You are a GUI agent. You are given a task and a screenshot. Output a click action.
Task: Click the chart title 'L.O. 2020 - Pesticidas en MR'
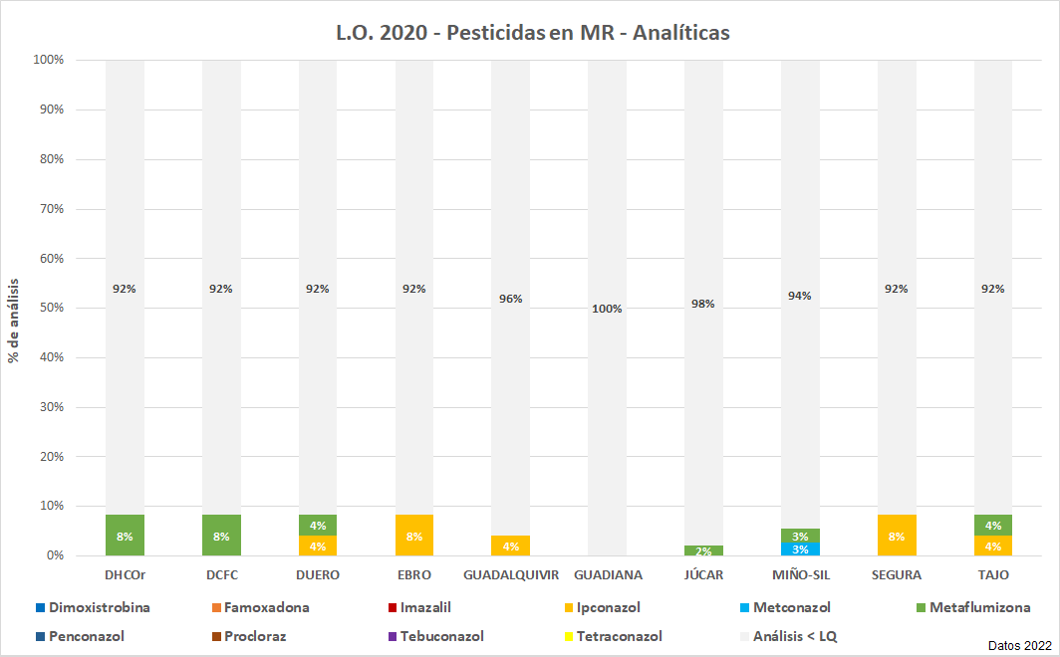coord(533,33)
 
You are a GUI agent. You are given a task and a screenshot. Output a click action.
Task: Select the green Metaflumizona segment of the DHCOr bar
coord(125,536)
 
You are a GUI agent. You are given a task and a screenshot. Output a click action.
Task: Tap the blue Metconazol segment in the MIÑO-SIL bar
coord(800,549)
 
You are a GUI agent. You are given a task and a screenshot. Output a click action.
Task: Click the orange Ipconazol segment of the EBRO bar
coord(414,536)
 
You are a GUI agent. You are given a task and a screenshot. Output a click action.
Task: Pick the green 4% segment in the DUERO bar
coord(318,526)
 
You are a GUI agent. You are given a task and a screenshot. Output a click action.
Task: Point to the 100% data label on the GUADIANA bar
coord(607,309)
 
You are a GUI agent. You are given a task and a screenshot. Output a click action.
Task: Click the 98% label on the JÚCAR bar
coord(703,304)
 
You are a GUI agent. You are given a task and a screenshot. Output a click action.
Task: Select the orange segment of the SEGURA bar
coord(897,536)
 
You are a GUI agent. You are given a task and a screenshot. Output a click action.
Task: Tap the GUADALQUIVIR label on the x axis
coord(510,575)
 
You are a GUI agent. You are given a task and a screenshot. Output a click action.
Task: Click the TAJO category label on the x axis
coord(993,575)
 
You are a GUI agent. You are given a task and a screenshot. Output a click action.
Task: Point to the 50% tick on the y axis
coord(49,309)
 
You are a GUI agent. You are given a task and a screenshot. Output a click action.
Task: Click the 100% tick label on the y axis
coord(47,60)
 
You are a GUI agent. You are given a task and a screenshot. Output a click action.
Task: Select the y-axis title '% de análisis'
coord(14,309)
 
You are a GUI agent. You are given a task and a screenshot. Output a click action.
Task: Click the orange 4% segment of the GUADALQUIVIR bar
coord(510,546)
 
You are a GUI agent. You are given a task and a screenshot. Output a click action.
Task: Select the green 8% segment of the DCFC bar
coord(221,536)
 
